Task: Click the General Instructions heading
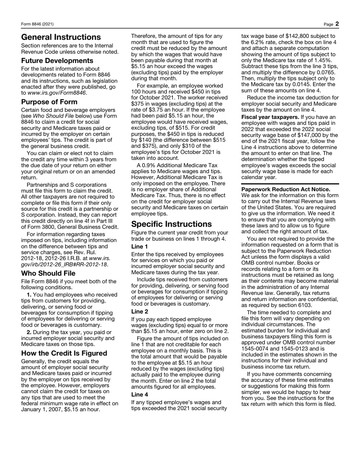[61, 37]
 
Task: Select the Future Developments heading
[57, 61]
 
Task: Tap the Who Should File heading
[48, 273]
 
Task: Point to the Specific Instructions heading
[171, 224]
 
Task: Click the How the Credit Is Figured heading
[64, 353]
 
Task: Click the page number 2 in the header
[337, 24]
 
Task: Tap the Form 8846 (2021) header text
[37, 24]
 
